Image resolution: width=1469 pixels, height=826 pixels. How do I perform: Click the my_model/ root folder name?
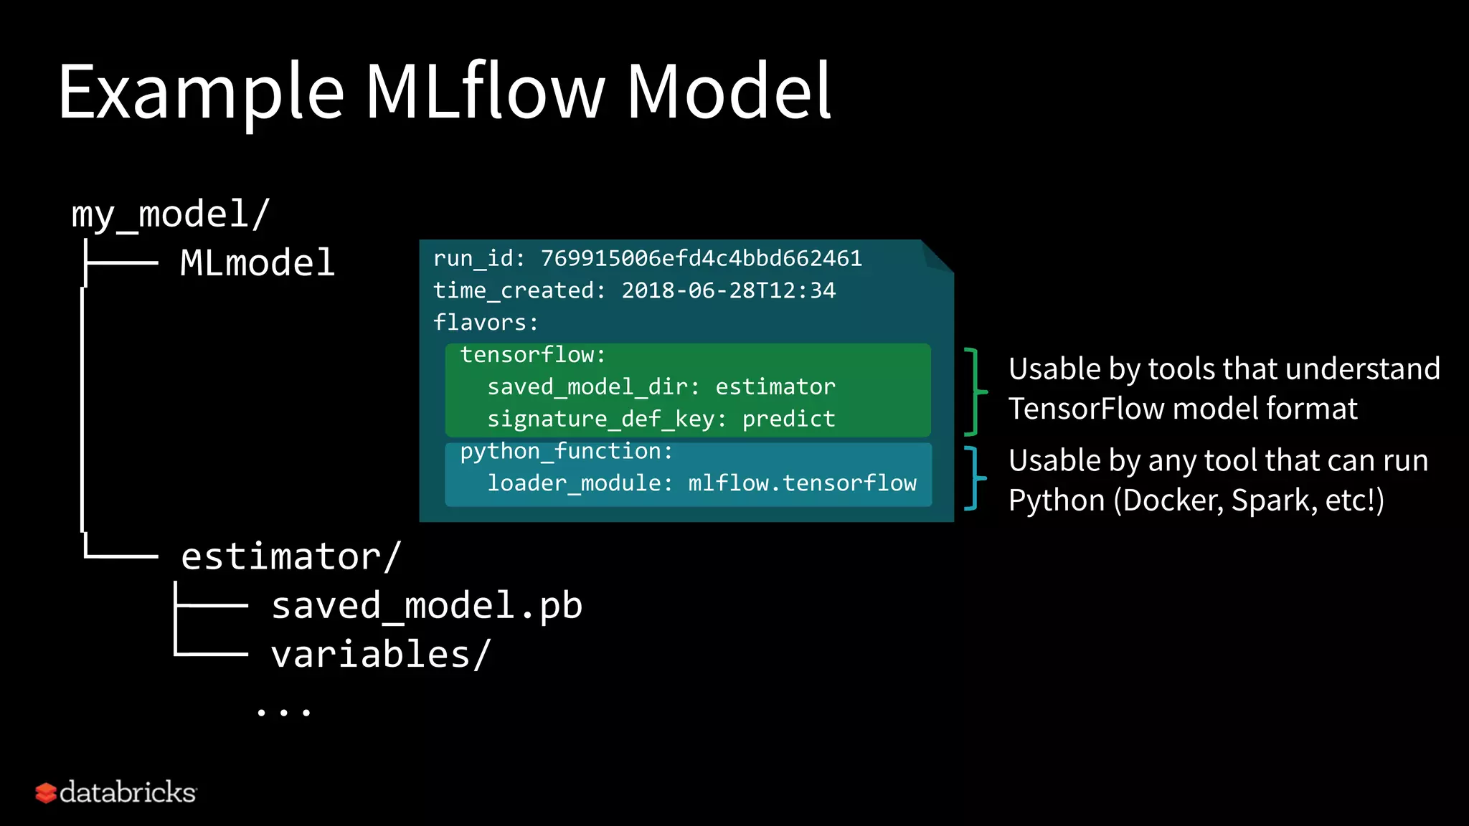(x=170, y=214)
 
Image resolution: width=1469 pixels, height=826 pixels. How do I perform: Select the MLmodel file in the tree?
(x=258, y=263)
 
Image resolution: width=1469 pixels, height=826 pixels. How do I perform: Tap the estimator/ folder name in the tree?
(x=291, y=556)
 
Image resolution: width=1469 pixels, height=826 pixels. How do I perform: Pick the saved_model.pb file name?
(x=427, y=606)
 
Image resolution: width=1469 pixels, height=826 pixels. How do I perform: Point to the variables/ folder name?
(x=381, y=655)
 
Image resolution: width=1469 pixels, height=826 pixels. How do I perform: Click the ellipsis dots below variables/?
(x=284, y=712)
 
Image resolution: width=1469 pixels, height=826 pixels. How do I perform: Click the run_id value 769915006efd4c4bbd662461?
(x=701, y=258)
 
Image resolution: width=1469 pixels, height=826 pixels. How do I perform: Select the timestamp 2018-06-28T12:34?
(x=728, y=290)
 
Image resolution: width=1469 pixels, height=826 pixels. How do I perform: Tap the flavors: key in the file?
(x=486, y=323)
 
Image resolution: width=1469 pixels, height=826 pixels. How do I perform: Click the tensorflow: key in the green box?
(x=532, y=355)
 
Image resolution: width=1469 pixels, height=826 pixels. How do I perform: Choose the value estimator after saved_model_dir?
(x=775, y=387)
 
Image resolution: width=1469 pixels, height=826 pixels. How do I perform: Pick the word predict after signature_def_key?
(x=788, y=419)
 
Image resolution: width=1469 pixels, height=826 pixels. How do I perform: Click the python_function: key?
(x=566, y=451)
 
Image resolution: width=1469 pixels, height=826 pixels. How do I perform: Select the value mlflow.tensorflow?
(x=802, y=483)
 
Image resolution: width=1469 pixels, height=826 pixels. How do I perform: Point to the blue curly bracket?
(x=974, y=478)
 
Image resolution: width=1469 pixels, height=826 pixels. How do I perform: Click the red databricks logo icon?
(x=46, y=793)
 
